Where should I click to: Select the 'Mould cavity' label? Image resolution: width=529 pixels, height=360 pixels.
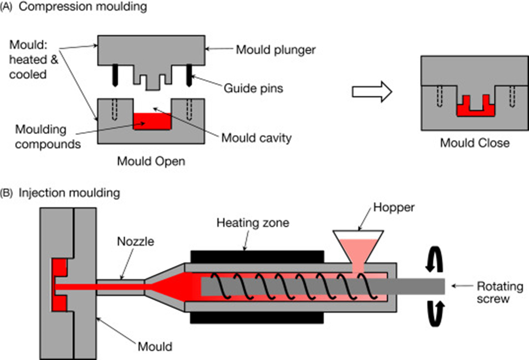coord(257,139)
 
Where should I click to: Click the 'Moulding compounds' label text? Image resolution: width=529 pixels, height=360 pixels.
coord(48,136)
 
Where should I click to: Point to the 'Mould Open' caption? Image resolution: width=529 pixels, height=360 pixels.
coord(151,161)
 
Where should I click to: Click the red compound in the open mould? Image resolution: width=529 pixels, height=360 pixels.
coord(152,122)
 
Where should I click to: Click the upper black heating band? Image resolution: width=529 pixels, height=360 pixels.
coord(257,255)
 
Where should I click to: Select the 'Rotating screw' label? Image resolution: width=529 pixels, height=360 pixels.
coord(500,292)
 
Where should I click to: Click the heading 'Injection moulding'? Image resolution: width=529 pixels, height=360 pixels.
coord(69,193)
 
